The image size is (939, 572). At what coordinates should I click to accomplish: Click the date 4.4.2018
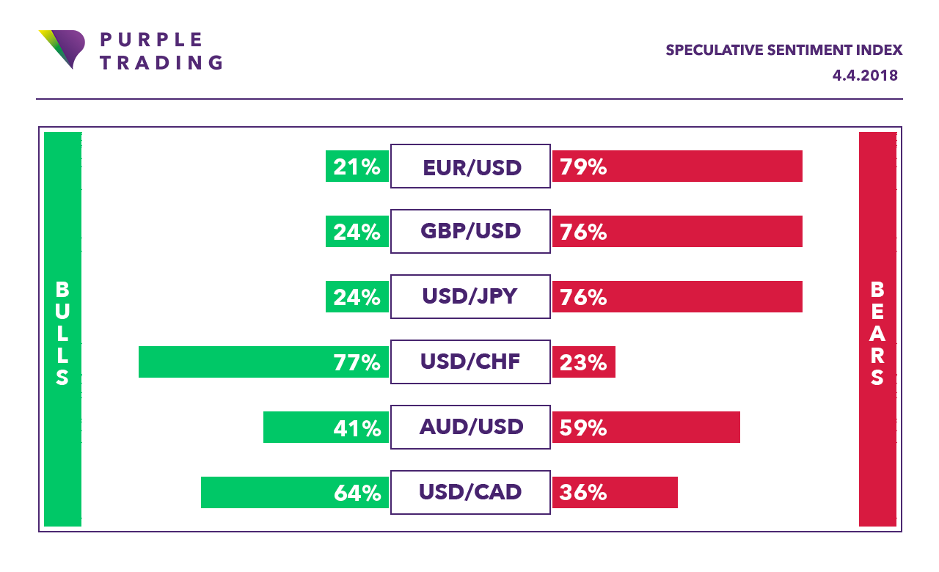865,76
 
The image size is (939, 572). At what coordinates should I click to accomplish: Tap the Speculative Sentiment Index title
783,50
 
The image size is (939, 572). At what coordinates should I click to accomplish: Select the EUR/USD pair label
470,166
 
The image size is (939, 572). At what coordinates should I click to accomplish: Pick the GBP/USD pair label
470,232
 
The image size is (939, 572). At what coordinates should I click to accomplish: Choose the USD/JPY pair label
470,297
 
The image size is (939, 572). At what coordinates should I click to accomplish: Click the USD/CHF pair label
470,362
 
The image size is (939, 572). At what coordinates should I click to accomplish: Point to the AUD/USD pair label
470,427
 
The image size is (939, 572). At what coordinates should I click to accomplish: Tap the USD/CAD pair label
470,492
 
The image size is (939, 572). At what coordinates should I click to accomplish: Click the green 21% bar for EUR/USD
357,166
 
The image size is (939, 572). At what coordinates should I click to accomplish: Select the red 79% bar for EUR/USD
677,166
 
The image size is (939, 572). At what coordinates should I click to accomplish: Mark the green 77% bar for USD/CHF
263,362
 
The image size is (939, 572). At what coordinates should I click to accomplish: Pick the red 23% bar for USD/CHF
584,362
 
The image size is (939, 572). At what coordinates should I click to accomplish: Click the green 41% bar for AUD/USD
326,427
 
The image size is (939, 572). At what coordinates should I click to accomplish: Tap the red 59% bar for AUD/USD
646,427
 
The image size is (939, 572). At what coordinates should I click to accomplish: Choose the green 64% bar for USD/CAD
295,492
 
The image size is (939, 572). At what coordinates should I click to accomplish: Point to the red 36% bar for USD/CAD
615,492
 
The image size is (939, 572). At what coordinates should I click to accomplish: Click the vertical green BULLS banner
62,329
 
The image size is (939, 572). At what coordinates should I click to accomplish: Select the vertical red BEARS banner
877,329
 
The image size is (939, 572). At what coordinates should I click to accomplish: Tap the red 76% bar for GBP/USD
677,232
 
